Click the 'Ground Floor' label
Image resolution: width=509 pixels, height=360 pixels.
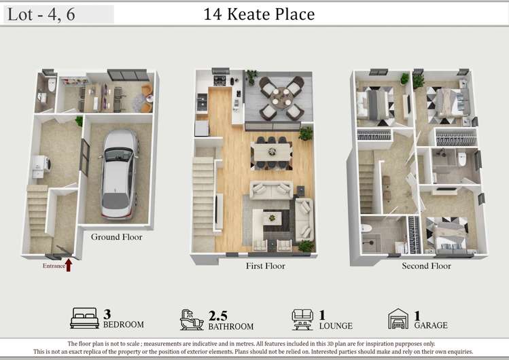click(117, 237)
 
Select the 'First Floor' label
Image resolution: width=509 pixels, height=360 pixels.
click(265, 266)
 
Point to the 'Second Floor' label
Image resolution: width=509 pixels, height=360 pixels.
click(426, 266)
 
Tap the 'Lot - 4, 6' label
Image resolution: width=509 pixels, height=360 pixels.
click(41, 14)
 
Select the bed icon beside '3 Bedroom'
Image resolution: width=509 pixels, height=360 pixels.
click(84, 318)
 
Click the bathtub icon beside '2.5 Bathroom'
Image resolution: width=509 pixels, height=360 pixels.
click(192, 319)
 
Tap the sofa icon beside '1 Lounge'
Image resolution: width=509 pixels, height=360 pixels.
click(302, 318)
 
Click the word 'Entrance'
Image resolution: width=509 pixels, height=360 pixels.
click(54, 266)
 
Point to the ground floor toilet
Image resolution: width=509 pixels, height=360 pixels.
click(52, 85)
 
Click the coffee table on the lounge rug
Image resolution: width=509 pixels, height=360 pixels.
click(272, 218)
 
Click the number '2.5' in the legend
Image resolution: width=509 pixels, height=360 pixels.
click(217, 314)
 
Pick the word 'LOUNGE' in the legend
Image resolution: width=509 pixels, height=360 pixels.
click(336, 326)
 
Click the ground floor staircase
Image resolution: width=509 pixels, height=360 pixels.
click(39, 214)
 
